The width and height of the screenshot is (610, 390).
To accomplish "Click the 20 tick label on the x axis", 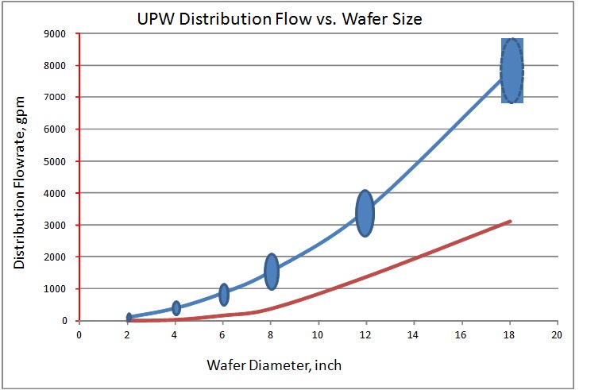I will pyautogui.click(x=558, y=334).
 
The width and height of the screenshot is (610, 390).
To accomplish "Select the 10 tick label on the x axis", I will pyautogui.click(x=318, y=334).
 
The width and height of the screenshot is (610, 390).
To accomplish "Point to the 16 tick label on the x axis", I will pyautogui.click(x=461, y=334).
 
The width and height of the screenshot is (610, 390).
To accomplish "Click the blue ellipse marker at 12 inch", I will pyautogui.click(x=365, y=213).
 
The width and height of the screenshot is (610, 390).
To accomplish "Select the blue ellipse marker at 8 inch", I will pyautogui.click(x=271, y=272).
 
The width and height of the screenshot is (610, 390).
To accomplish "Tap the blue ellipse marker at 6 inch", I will pyautogui.click(x=224, y=295).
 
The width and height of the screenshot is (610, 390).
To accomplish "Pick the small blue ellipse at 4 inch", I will pyautogui.click(x=176, y=308).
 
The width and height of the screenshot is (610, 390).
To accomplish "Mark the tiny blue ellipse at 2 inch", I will pyautogui.click(x=129, y=318).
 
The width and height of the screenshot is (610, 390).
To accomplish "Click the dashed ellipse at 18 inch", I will pyautogui.click(x=512, y=71).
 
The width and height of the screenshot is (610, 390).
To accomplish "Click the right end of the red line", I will pyautogui.click(x=511, y=221).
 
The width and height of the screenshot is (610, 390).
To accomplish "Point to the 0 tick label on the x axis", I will pyautogui.click(x=79, y=334).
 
